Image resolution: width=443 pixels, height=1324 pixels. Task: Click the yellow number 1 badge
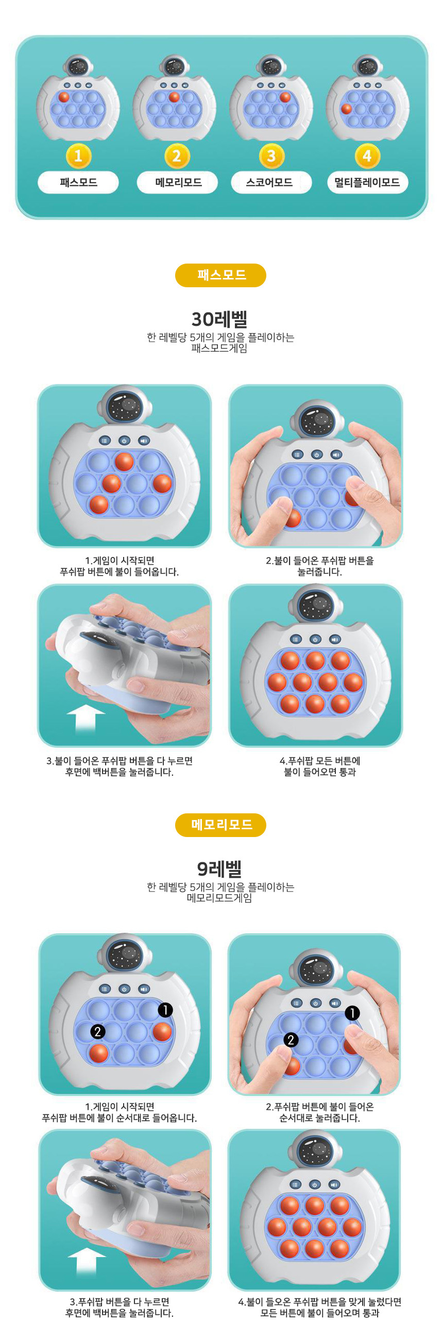(x=78, y=156)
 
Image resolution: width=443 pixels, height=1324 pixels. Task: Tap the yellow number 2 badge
(x=177, y=156)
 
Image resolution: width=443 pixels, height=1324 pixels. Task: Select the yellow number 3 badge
(x=271, y=156)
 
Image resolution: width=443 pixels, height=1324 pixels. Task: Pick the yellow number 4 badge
(x=367, y=156)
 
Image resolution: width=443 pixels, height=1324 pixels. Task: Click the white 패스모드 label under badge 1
(x=78, y=182)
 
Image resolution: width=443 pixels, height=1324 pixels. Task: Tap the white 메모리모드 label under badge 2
(x=178, y=182)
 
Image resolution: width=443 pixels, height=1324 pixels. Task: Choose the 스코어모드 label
(x=271, y=182)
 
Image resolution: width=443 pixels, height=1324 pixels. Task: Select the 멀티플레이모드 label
(x=367, y=182)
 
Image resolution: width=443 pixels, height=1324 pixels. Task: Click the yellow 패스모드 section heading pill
(x=220, y=275)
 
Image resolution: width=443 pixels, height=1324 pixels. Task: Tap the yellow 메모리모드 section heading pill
(x=220, y=825)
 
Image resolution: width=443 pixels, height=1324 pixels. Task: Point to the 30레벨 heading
(x=219, y=319)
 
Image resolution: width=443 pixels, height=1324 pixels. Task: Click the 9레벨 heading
(x=219, y=869)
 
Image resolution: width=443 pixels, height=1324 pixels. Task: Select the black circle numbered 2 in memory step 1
(x=97, y=1031)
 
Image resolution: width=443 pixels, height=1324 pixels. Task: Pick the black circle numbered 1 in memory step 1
(x=165, y=1010)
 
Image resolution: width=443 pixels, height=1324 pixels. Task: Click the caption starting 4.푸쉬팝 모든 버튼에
(x=320, y=766)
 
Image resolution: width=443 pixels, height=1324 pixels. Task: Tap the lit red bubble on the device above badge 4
(x=346, y=109)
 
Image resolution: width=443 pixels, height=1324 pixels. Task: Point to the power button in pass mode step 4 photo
(x=315, y=639)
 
